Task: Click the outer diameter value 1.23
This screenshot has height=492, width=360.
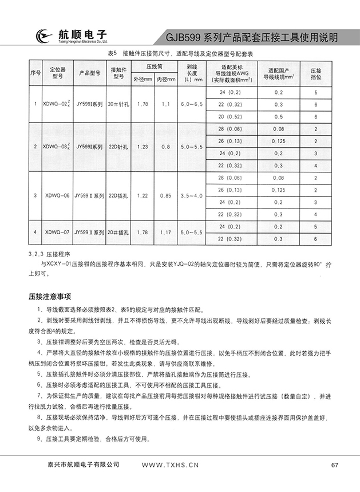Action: click(x=143, y=147)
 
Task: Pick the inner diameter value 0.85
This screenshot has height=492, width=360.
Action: click(x=166, y=195)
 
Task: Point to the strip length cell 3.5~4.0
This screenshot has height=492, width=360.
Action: click(x=191, y=195)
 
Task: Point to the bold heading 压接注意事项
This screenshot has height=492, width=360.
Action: click(x=49, y=297)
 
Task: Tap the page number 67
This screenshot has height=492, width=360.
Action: click(x=335, y=465)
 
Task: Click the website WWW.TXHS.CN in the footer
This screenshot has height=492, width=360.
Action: click(x=169, y=465)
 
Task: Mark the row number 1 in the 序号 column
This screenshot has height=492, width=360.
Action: click(x=35, y=104)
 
